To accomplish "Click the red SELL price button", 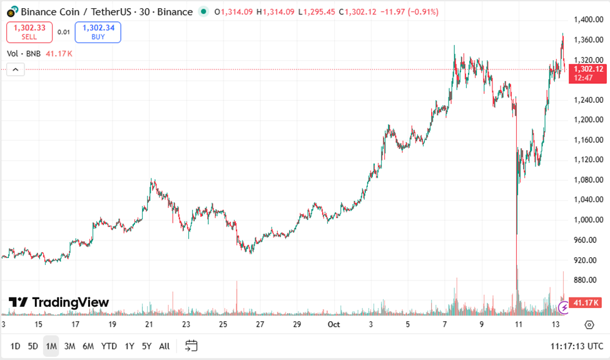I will point(29,32).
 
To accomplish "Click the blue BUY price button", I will point(98,32).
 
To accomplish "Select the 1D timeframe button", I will point(16,346).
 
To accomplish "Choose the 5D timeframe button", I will point(33,346).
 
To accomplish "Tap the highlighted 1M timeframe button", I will point(51,346).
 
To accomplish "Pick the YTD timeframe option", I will point(109,346).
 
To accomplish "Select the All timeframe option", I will point(164,346).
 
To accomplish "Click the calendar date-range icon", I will point(191,346).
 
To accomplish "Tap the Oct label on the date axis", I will point(334,324).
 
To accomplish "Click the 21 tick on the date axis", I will point(149,324).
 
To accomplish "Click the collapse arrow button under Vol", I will point(16,69).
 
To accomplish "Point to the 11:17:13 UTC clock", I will point(577,346).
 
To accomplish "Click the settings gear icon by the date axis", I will point(589,324).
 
